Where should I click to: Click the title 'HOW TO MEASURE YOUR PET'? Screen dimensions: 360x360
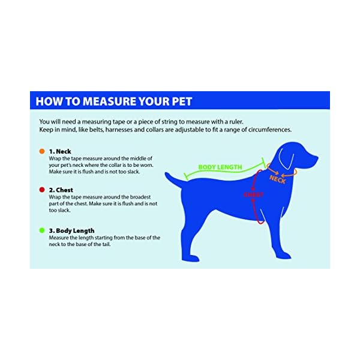click(113, 101)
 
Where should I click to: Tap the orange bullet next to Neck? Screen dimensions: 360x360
click(42, 151)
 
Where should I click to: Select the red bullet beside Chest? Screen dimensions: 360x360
click(42, 190)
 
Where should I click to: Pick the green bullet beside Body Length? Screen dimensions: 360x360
click(42, 230)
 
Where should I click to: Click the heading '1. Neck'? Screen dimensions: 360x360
click(60, 151)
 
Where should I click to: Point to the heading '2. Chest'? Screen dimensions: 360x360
click(61, 190)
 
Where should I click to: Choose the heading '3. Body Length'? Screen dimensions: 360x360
click(71, 230)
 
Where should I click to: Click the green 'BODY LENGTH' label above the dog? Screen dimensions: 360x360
click(220, 167)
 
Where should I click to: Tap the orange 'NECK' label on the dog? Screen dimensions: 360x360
click(277, 179)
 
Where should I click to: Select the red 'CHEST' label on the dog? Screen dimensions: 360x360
click(253, 194)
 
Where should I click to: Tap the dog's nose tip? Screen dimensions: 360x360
click(317, 158)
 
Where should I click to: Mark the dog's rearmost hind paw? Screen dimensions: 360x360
click(190, 258)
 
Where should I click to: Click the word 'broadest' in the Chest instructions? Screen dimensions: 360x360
click(140, 197)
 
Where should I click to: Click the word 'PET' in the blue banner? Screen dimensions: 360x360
click(182, 101)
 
